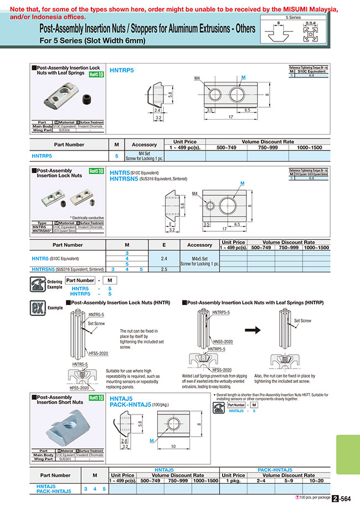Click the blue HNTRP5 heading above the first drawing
point(122,70)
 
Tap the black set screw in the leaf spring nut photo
point(85,99)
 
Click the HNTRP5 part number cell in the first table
point(42,157)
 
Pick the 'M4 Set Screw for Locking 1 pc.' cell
point(144,157)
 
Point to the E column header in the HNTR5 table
point(164,245)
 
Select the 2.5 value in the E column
point(164,269)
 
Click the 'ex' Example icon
point(37,306)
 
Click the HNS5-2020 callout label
point(222,341)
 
